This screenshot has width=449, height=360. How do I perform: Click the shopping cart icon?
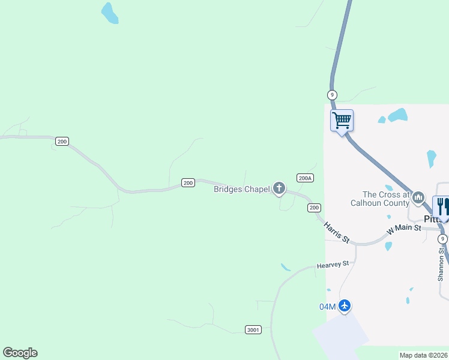(x=342, y=120)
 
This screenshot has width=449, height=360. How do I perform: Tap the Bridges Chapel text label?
(x=242, y=189)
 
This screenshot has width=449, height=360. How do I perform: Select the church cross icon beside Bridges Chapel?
(x=279, y=189)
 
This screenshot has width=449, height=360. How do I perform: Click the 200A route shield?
(x=305, y=178)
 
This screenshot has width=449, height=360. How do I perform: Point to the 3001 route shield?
(x=254, y=329)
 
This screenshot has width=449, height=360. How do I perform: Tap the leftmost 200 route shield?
(x=62, y=142)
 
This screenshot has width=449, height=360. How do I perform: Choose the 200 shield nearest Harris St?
(x=314, y=208)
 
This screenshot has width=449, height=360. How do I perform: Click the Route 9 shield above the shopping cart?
(x=333, y=95)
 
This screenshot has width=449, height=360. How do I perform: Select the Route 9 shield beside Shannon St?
(x=442, y=239)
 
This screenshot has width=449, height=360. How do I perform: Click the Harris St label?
(x=337, y=232)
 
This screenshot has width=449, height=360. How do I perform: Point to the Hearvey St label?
(x=333, y=265)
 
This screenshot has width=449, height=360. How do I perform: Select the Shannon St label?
(x=442, y=265)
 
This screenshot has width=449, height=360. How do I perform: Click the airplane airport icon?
(x=344, y=306)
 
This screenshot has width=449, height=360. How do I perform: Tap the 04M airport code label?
(x=327, y=307)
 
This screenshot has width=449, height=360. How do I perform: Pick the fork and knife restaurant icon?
(x=442, y=206)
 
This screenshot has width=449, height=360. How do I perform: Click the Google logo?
(x=20, y=353)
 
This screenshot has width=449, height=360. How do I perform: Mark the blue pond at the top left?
(x=109, y=13)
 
